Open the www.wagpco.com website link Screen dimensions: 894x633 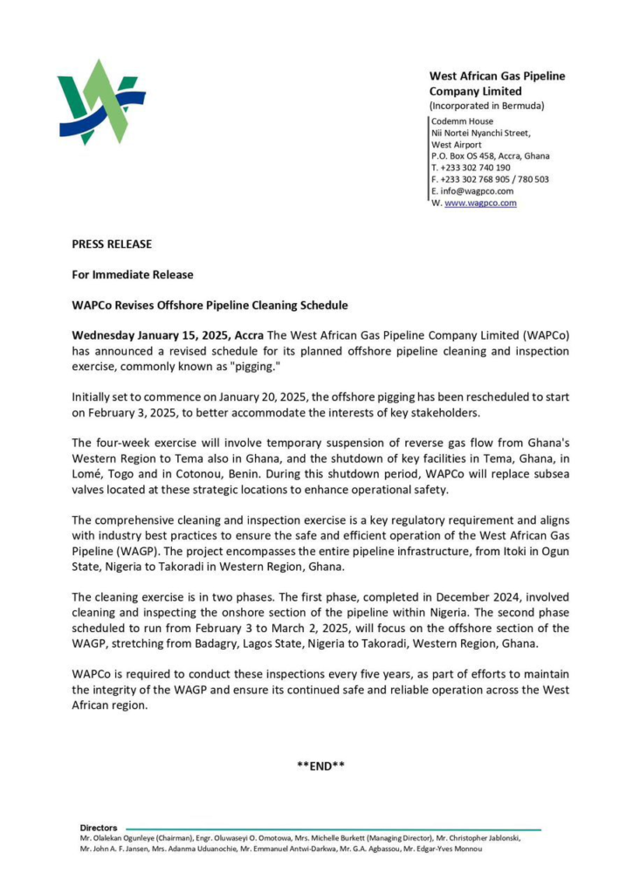[x=481, y=203]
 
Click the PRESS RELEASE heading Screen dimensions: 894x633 [x=112, y=244]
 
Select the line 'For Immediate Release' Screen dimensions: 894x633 [x=132, y=274]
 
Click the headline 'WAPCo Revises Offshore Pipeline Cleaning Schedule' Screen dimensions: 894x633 [x=210, y=305]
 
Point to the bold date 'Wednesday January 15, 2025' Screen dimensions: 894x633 [x=152, y=335]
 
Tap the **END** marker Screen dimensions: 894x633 [x=320, y=767]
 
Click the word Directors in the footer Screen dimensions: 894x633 [x=98, y=828]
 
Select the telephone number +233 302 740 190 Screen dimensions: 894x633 [x=475, y=168]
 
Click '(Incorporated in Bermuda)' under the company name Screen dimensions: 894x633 [x=486, y=106]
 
